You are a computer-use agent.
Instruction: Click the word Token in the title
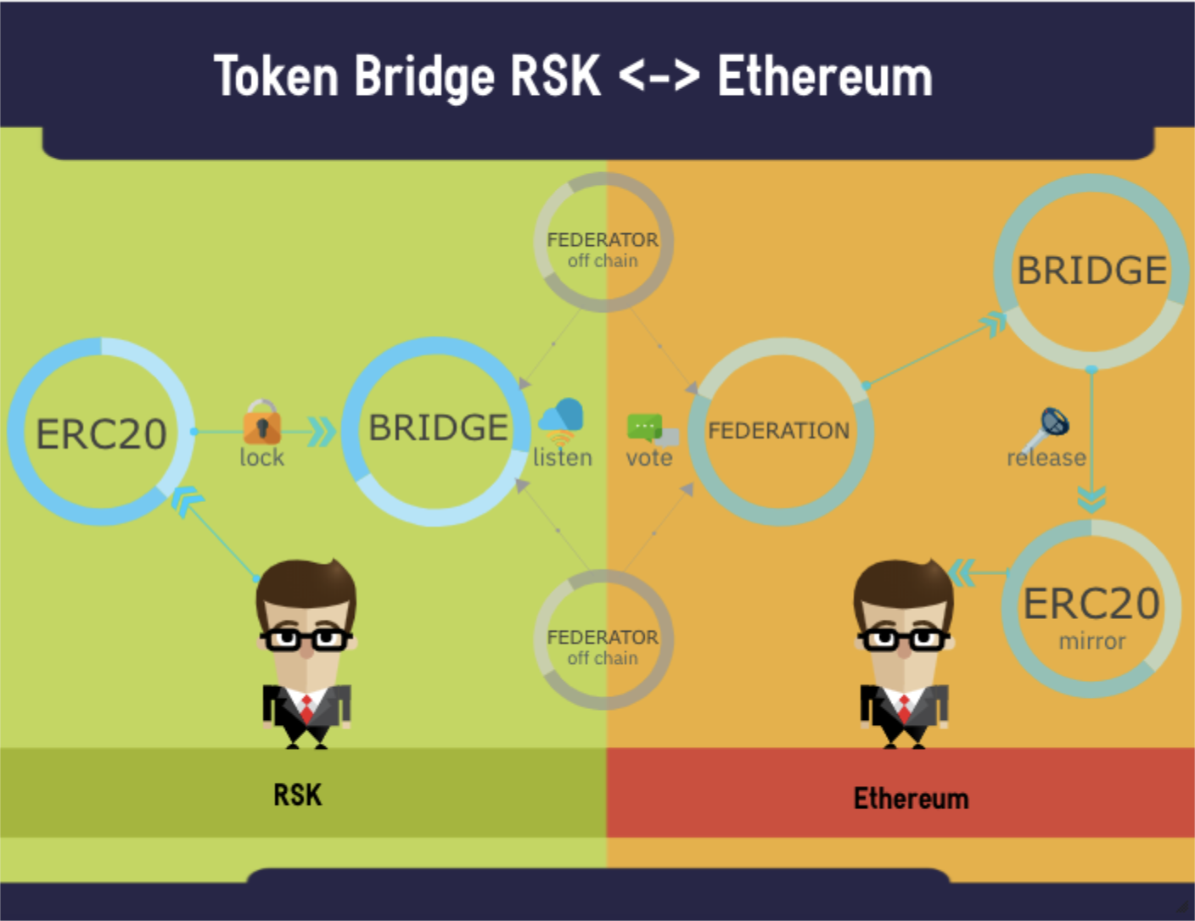tap(277, 77)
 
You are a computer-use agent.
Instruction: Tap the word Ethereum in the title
tap(825, 77)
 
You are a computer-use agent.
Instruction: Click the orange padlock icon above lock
tap(261, 422)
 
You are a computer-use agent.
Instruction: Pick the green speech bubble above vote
tap(645, 426)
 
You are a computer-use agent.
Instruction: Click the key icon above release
tap(1049, 427)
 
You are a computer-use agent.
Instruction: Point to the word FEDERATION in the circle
tap(778, 431)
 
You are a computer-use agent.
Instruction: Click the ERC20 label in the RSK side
tap(101, 434)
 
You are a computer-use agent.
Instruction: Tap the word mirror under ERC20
tap(1091, 641)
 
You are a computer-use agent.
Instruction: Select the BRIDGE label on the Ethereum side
tap(1091, 271)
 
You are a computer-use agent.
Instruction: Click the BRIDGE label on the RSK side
tap(438, 427)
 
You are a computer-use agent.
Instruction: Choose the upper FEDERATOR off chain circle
tap(603, 243)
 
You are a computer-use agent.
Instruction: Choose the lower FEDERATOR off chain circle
tap(603, 640)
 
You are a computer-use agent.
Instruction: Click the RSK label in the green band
tap(297, 795)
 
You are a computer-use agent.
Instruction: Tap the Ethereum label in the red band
tap(911, 798)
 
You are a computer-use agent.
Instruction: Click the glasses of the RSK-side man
tap(306, 638)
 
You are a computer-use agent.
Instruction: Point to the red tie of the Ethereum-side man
tap(904, 706)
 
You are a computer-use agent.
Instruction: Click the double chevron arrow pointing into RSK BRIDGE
tap(321, 432)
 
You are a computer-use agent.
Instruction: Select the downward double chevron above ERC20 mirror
tap(1091, 500)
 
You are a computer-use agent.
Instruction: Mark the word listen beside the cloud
tap(563, 458)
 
